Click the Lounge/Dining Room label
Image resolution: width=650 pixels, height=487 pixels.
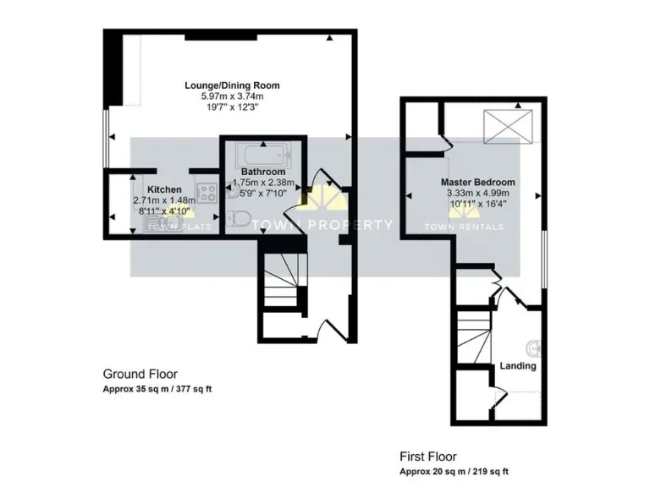point(232,85)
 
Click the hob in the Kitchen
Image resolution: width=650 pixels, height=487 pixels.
point(207,191)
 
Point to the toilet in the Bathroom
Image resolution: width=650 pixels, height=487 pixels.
point(238,219)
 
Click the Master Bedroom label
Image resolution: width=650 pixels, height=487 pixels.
point(477,182)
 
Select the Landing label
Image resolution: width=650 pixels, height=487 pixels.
point(518,366)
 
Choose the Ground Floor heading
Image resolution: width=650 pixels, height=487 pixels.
point(140,374)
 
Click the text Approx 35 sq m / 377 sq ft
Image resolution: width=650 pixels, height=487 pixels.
point(157,390)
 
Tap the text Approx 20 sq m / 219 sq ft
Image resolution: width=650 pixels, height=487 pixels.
point(454,471)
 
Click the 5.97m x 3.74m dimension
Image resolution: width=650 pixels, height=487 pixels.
point(232,96)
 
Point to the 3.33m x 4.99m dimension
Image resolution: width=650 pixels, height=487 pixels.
point(478,193)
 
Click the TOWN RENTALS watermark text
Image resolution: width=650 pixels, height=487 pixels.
point(463,227)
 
